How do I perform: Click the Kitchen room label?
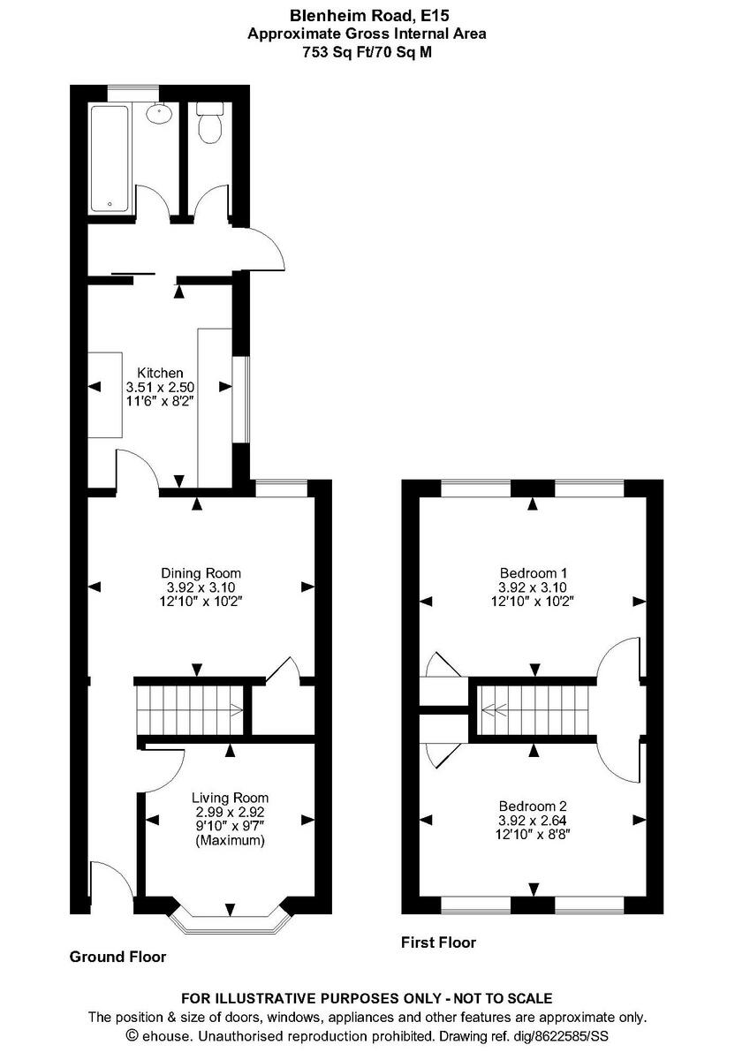(x=160, y=373)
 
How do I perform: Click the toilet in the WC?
(x=210, y=125)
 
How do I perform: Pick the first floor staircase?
(x=533, y=708)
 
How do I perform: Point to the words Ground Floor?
(x=117, y=957)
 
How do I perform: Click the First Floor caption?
(x=438, y=943)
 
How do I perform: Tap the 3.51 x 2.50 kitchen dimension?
(x=160, y=387)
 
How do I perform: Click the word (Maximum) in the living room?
(x=230, y=841)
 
